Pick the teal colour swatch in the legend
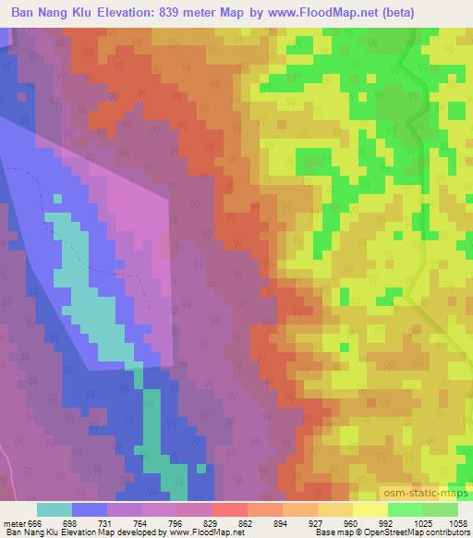(x=55, y=509)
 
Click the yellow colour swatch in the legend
(x=370, y=509)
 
